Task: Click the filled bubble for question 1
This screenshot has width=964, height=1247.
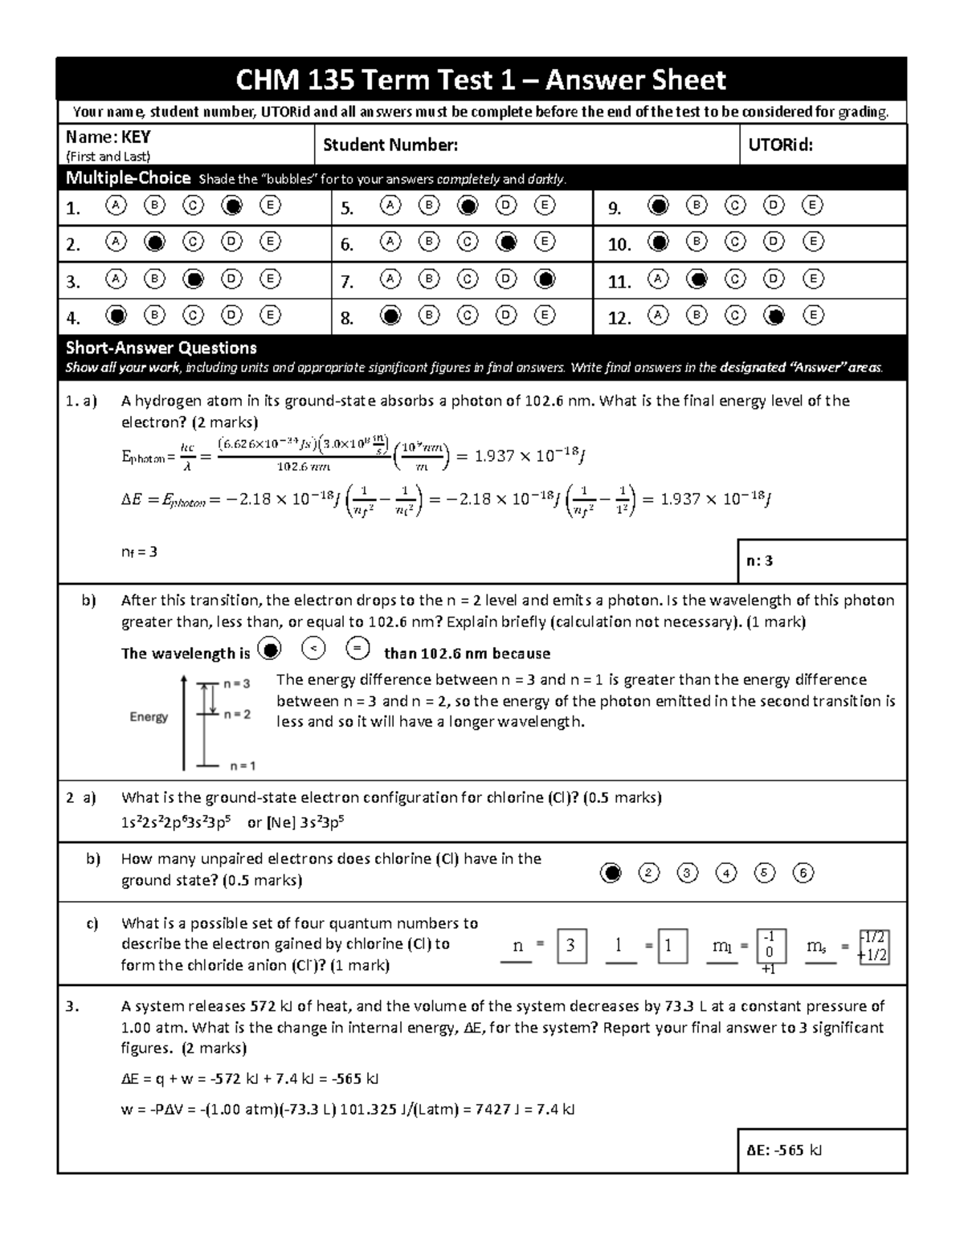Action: point(232,206)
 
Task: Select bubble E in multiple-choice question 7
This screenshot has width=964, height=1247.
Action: point(545,279)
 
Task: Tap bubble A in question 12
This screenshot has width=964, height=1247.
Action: point(658,316)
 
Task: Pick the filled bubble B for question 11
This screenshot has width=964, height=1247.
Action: point(697,279)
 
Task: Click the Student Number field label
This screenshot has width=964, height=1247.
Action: point(390,145)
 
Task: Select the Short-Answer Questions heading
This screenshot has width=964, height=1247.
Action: point(161,348)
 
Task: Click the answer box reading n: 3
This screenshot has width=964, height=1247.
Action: point(821,560)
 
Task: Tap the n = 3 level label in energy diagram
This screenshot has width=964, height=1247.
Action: point(236,683)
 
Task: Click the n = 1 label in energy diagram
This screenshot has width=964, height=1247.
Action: point(243,766)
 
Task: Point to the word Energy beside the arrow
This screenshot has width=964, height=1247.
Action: point(149,717)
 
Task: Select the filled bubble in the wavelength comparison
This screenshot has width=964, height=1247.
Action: point(271,649)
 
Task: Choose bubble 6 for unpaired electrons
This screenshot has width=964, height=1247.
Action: point(803,873)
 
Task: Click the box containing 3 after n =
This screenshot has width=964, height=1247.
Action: point(570,945)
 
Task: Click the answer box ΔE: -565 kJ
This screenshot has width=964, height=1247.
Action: point(821,1150)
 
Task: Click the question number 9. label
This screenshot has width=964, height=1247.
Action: point(615,209)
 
